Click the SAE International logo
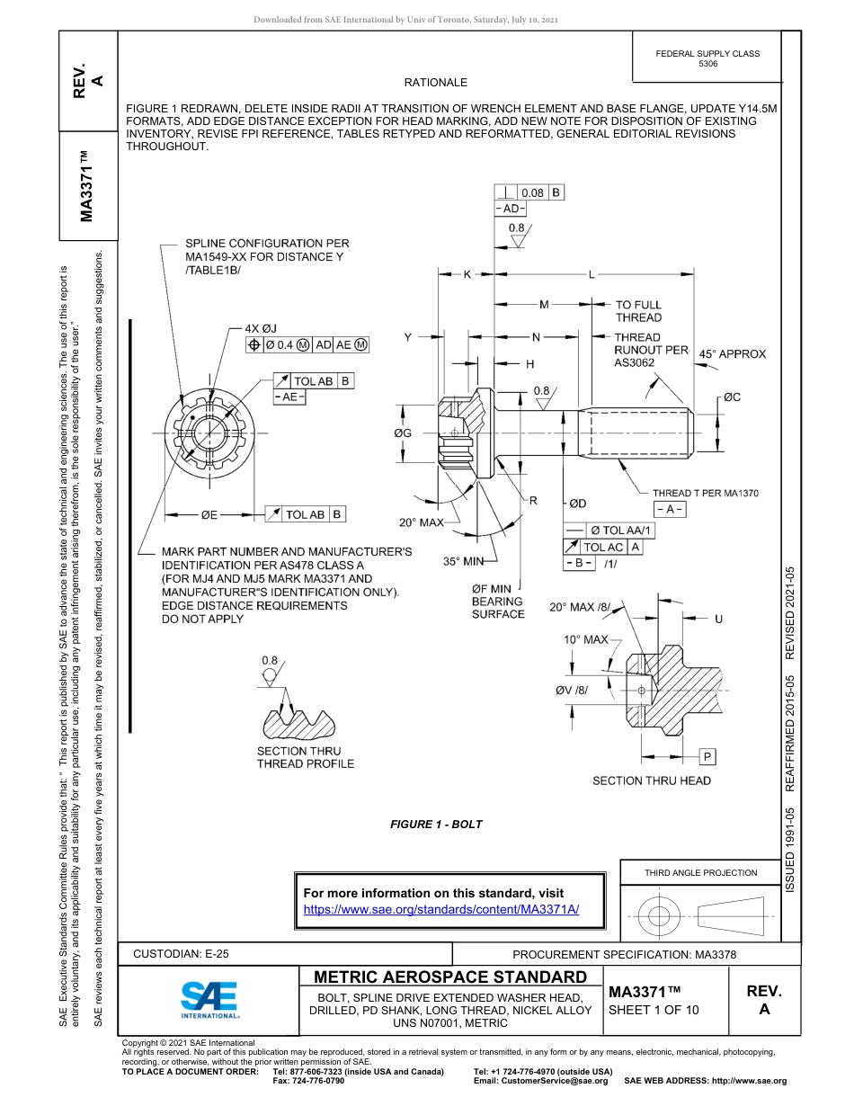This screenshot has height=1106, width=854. [x=209, y=999]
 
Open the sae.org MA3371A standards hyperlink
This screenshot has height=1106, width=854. [x=441, y=909]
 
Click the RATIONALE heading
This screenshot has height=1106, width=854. [x=435, y=83]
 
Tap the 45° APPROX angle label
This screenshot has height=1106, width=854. [x=733, y=354]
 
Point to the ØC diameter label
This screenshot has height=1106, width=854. [x=731, y=397]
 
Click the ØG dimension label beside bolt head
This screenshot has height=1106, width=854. [x=402, y=433]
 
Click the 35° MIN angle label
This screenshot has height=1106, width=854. [x=464, y=561]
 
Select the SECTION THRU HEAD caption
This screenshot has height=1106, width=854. [x=651, y=780]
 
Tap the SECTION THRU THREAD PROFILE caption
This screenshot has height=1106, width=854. [x=305, y=757]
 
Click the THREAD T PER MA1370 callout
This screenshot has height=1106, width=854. [x=705, y=493]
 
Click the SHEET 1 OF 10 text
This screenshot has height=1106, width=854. [x=654, y=1009]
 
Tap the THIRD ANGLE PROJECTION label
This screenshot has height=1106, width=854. [x=700, y=872]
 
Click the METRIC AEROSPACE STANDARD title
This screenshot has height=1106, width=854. [x=450, y=977]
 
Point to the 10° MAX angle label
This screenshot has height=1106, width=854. [x=585, y=639]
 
